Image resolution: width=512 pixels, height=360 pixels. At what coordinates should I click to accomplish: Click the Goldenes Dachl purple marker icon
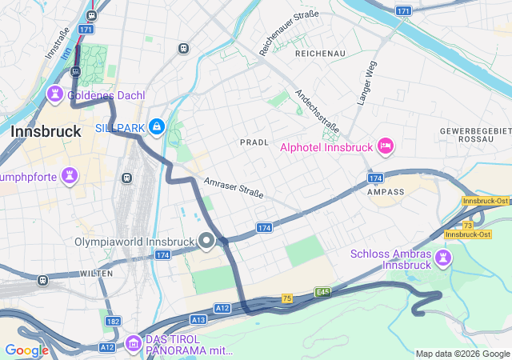tap(55, 94)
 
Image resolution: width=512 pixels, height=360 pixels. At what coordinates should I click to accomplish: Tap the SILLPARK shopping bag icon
tap(157, 126)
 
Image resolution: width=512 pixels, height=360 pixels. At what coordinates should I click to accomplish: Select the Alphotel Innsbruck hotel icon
tap(385, 146)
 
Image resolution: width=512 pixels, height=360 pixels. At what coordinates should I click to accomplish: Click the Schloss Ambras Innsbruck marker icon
tap(442, 258)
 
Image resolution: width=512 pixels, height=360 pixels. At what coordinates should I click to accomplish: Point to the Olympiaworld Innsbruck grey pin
tap(206, 241)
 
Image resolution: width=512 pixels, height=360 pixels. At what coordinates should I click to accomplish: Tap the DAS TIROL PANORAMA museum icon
tap(134, 342)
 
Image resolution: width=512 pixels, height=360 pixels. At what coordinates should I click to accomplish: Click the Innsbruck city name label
tap(46, 131)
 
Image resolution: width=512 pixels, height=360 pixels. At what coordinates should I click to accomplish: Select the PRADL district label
tap(254, 142)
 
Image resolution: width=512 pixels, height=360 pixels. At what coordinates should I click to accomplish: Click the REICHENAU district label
tap(319, 53)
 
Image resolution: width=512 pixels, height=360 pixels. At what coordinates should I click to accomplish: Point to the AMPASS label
tap(385, 192)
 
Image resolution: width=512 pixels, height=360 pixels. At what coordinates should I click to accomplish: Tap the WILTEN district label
tap(96, 274)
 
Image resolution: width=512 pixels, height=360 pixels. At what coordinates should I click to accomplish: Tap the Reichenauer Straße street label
tap(289, 33)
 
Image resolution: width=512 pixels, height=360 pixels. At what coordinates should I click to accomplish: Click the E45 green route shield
tap(322, 292)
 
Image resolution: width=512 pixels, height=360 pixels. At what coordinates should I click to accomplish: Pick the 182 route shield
tap(113, 321)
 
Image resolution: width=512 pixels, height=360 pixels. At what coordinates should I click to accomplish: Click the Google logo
tap(26, 350)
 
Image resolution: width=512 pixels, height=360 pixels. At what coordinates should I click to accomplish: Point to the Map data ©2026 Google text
tap(462, 354)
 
